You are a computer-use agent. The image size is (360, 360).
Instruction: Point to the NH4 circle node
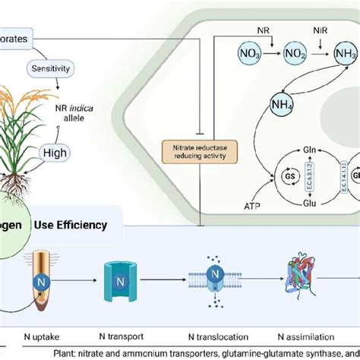pyautogui.click(x=264, y=104)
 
